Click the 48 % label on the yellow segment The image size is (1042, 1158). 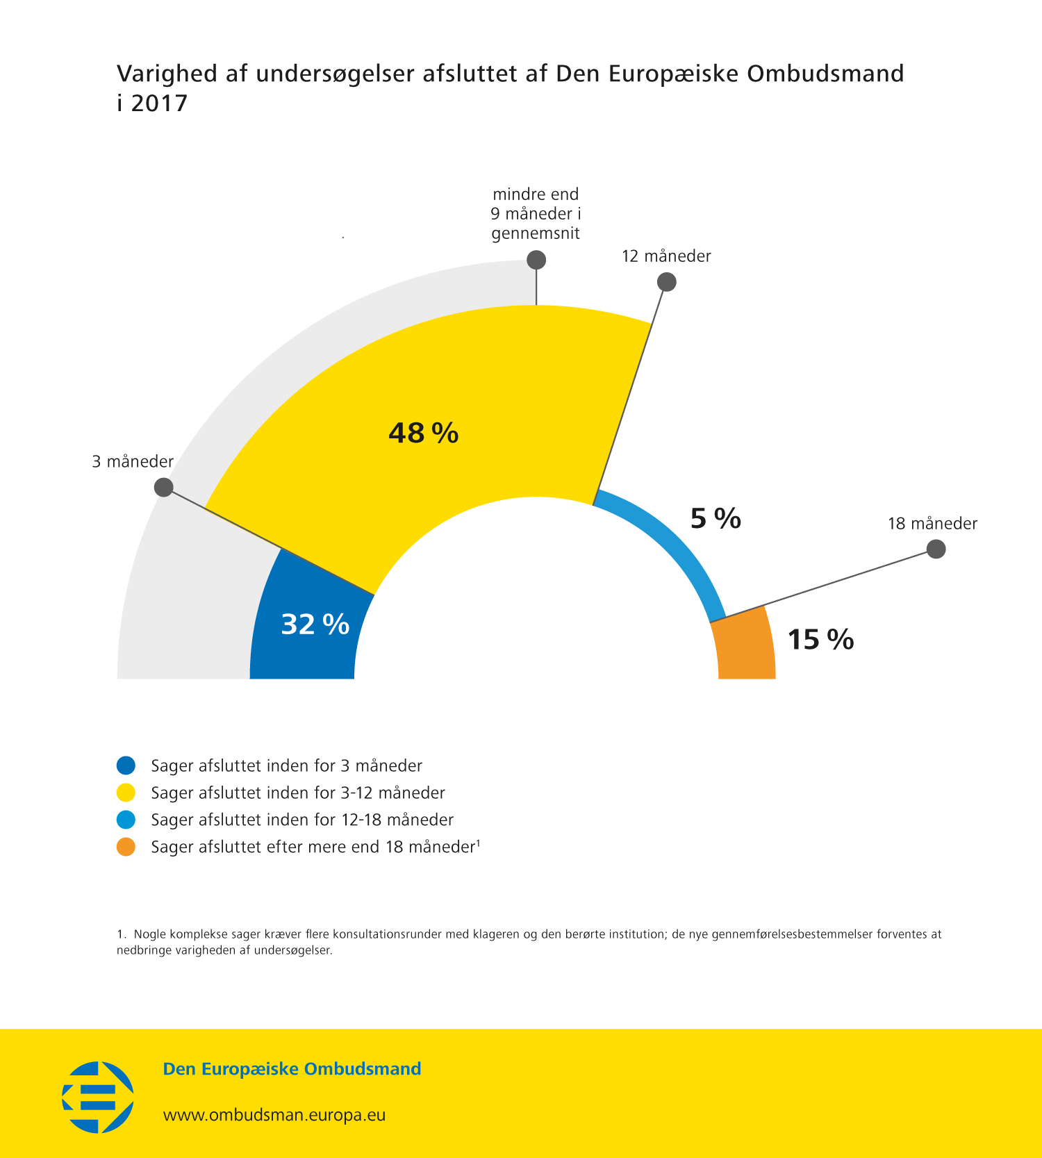(x=423, y=433)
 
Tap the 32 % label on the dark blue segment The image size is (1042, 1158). (x=315, y=624)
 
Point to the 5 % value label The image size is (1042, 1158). (x=716, y=518)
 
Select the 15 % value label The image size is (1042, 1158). (x=820, y=639)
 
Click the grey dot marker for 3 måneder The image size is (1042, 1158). (x=163, y=487)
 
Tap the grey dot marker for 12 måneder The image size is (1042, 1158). (x=666, y=282)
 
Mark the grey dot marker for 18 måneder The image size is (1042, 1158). (x=936, y=549)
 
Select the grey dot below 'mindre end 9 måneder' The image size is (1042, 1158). (x=536, y=260)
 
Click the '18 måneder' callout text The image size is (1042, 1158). (x=932, y=524)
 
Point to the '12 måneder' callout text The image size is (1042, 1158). (x=666, y=256)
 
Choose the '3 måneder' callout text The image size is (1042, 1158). (x=133, y=462)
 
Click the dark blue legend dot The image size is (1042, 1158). (x=126, y=766)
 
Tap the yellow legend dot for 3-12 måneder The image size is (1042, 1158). (x=126, y=793)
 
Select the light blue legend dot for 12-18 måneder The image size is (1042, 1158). (x=126, y=820)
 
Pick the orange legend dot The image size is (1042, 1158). (x=126, y=847)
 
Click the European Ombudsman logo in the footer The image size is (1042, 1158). (x=98, y=1097)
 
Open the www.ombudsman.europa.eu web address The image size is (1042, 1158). (x=274, y=1115)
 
